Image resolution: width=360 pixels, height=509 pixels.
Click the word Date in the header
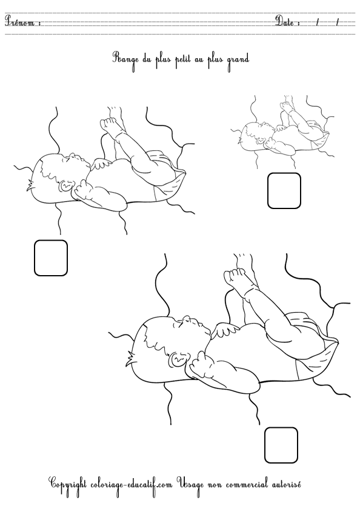pos(287,22)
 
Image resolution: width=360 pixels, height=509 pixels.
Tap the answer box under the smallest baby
pos(284,191)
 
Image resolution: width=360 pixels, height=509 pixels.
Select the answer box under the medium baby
pos(50,258)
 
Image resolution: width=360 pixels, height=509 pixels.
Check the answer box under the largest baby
pos(281,445)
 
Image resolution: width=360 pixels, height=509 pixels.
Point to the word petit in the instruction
pos(176,59)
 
